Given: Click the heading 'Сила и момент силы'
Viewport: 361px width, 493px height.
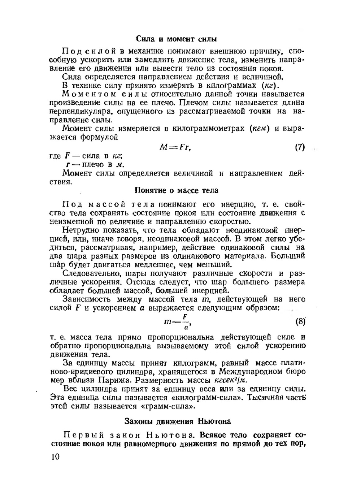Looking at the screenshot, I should tap(176, 38).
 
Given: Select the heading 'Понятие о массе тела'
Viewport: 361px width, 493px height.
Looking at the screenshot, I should tap(176, 190).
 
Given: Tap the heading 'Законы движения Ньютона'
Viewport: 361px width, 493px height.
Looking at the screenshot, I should tap(178, 421).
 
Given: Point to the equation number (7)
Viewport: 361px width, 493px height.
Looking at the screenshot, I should tap(300, 147).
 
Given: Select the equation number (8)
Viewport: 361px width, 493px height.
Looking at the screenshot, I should tap(300, 321).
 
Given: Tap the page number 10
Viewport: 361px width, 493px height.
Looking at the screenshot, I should tap(55, 456).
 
